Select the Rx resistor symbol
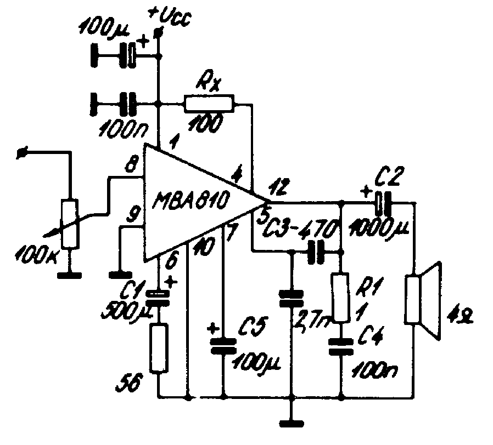(209, 102)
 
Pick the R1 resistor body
(341, 297)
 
